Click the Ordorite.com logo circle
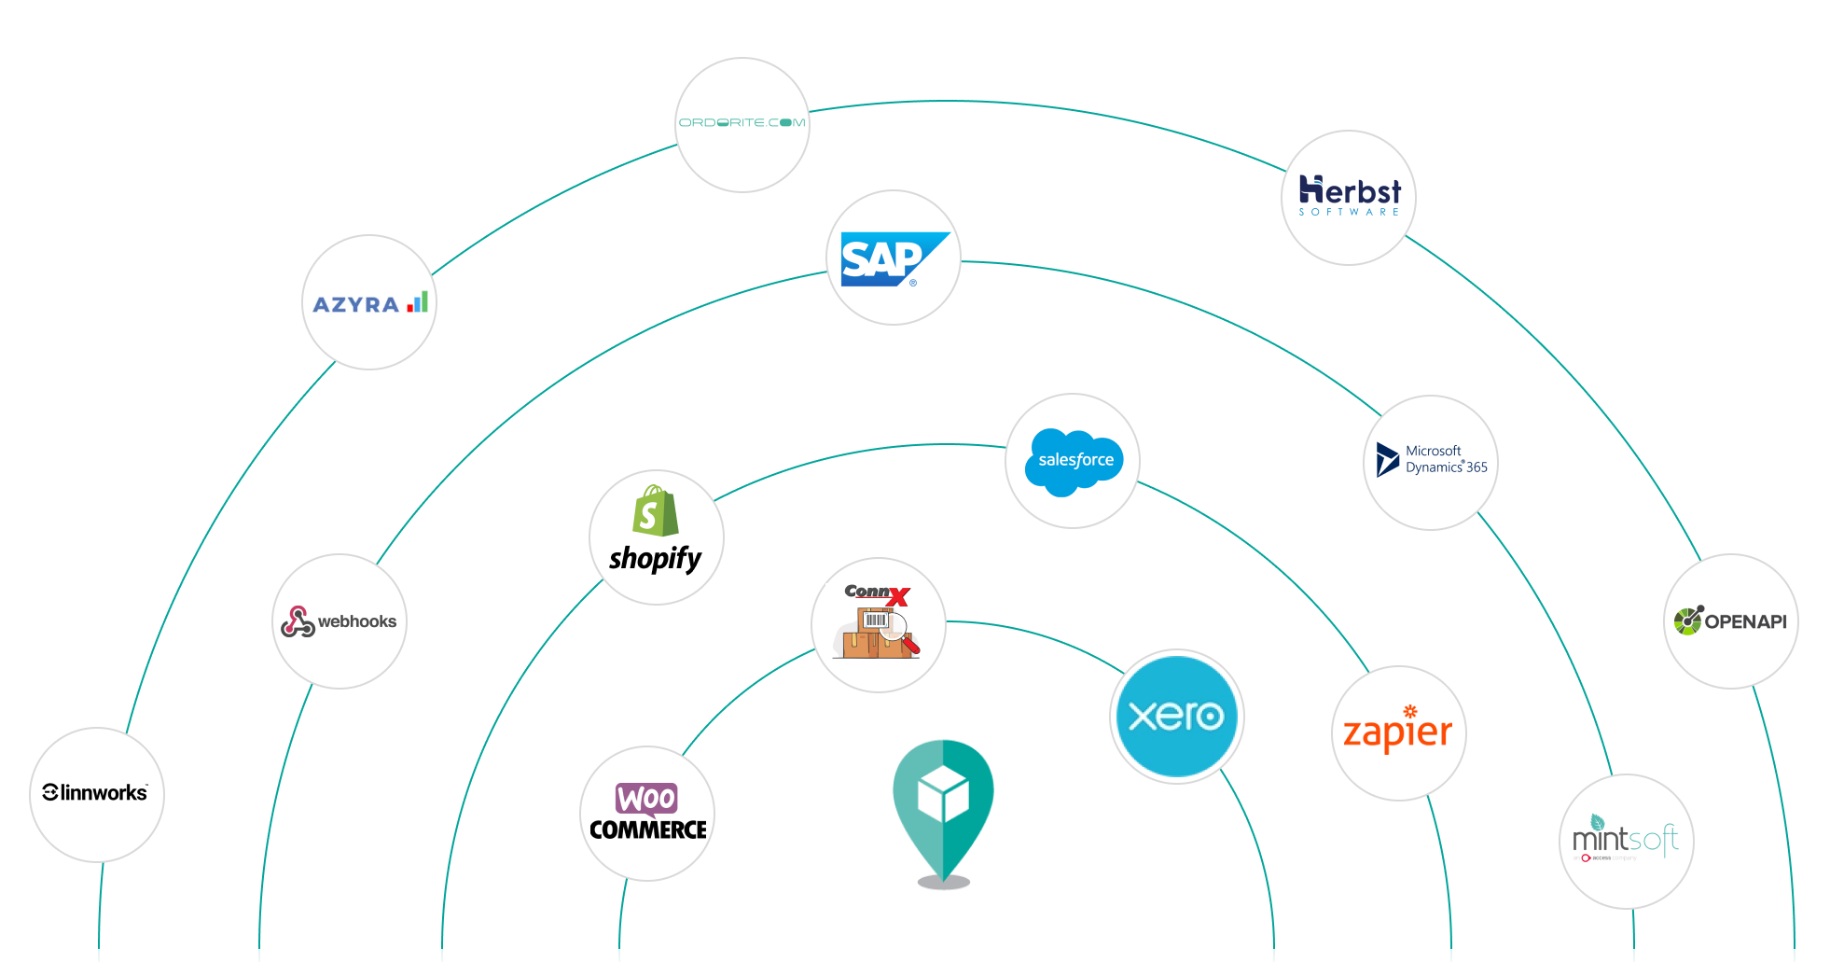pyautogui.click(x=742, y=124)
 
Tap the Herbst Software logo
pyautogui.click(x=1349, y=197)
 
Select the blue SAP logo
pyautogui.click(x=893, y=258)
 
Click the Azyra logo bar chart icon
pyautogui.click(x=418, y=301)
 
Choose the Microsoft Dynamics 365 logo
pyautogui.click(x=1431, y=461)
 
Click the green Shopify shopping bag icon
pyautogui.click(x=656, y=511)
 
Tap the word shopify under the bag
pyautogui.click(x=655, y=559)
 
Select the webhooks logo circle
pyautogui.click(x=340, y=621)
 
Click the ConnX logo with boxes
pyautogui.click(x=878, y=624)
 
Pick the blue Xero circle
pyautogui.click(x=1176, y=717)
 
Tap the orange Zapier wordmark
pyautogui.click(x=1397, y=733)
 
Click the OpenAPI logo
pyautogui.click(x=1730, y=621)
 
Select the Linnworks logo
pyautogui.click(x=96, y=793)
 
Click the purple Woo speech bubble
pyautogui.click(x=646, y=799)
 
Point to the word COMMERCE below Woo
pyautogui.click(x=647, y=830)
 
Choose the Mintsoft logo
pyautogui.click(x=1626, y=840)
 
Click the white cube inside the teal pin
pyautogui.click(x=943, y=794)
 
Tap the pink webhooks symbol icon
pyautogui.click(x=298, y=621)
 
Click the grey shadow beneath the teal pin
pyautogui.click(x=943, y=882)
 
